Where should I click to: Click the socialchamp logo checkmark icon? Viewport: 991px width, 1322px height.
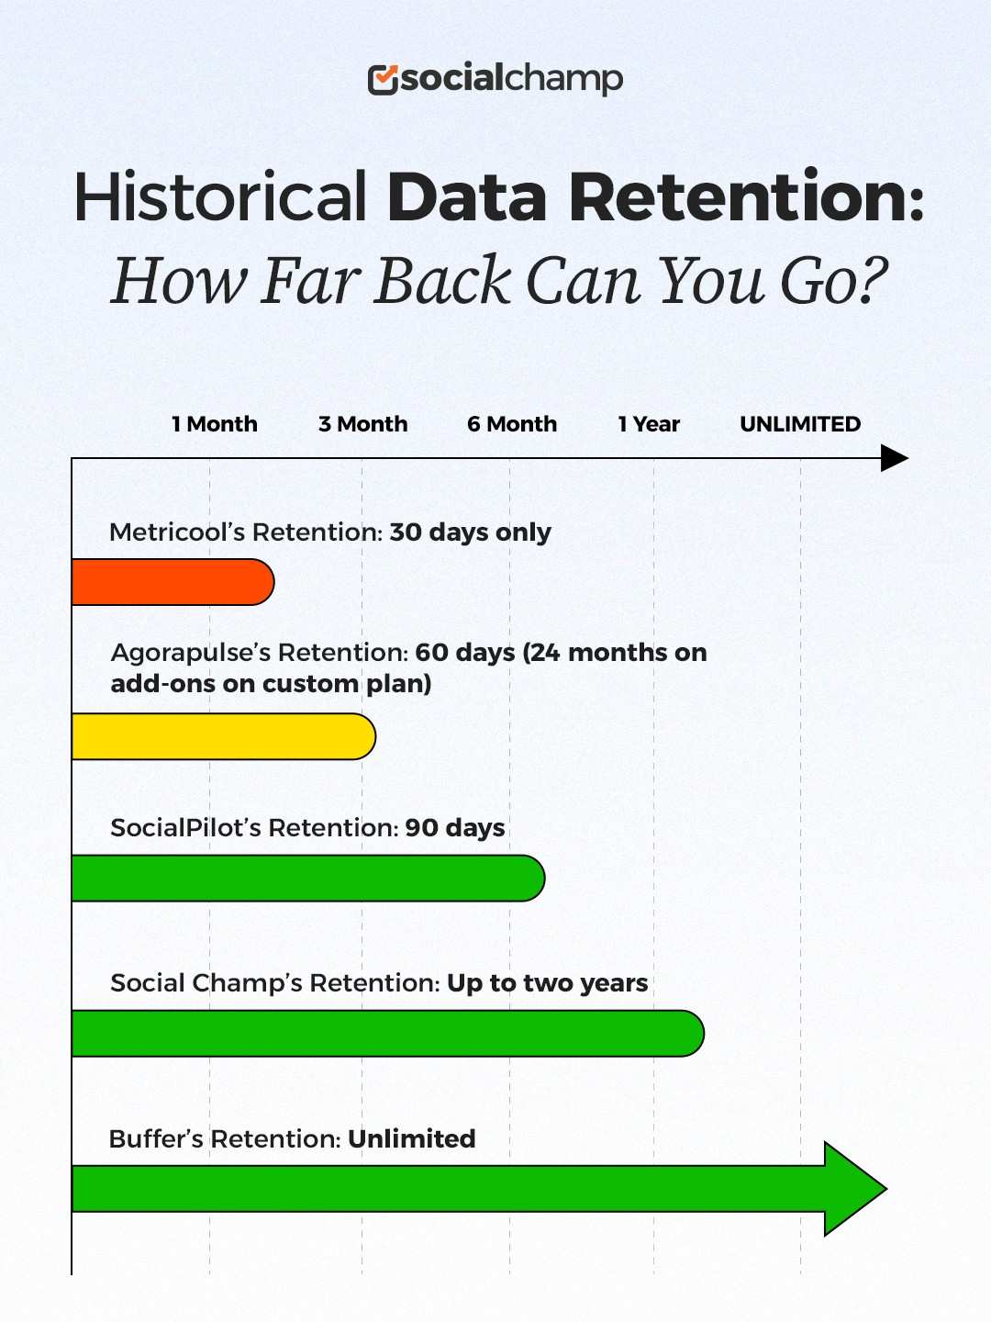click(383, 80)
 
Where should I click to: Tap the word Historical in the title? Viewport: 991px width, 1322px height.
click(220, 197)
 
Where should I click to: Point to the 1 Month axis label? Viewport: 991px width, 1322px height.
click(215, 424)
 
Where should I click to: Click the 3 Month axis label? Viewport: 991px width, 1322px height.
click(363, 424)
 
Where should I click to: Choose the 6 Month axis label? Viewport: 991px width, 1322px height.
click(512, 424)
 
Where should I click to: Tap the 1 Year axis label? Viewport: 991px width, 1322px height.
click(649, 424)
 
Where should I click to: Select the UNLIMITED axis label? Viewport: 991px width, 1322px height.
click(800, 424)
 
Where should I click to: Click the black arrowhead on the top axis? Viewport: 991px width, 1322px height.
click(893, 458)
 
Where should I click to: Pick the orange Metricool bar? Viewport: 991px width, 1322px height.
click(173, 582)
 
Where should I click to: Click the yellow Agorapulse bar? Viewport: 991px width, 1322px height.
click(223, 736)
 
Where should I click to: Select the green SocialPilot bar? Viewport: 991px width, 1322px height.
click(307, 879)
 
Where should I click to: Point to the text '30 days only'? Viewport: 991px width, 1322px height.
click(471, 532)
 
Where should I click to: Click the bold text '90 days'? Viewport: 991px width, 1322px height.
click(455, 828)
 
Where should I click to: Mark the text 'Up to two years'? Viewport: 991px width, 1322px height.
click(548, 983)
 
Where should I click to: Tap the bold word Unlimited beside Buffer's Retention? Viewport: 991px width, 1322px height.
click(412, 1139)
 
